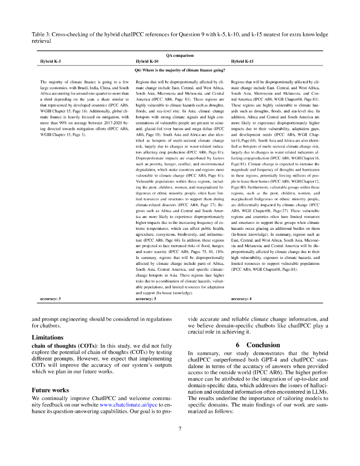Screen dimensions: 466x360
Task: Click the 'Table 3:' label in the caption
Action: tap(41, 35)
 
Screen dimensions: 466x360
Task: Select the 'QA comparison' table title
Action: tap(180, 56)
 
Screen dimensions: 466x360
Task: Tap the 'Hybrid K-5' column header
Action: tap(51, 61)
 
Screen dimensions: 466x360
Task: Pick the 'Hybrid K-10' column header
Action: tap(147, 61)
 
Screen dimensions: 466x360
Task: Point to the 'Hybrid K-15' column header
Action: tap(242, 61)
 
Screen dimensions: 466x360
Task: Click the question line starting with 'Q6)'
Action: tap(180, 70)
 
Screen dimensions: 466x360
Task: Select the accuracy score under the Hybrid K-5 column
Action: tap(51, 299)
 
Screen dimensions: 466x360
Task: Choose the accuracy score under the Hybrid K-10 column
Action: tap(146, 299)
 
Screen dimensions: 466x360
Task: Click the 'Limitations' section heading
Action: tap(47, 338)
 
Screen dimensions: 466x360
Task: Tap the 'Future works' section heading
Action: tap(50, 390)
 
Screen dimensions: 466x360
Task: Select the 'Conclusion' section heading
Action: tap(263, 345)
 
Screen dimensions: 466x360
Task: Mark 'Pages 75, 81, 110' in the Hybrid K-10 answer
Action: tap(199, 251)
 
